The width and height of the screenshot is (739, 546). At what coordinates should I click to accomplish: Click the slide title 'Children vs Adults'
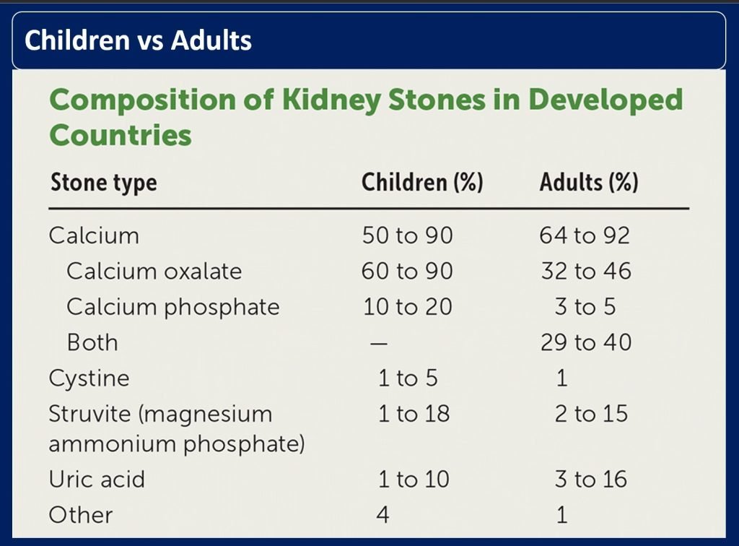click(139, 40)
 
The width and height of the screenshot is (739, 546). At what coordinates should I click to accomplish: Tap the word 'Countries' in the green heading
click(120, 134)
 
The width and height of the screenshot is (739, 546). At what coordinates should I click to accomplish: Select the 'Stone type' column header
click(103, 183)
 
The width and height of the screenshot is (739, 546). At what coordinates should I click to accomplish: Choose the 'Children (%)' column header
click(422, 183)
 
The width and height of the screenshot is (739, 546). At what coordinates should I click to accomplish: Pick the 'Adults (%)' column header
click(589, 183)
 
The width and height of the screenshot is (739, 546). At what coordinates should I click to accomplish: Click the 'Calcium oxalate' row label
click(154, 271)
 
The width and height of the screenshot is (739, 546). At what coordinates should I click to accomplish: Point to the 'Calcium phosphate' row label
click(172, 306)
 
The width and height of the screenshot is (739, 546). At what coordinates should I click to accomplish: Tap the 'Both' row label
click(92, 342)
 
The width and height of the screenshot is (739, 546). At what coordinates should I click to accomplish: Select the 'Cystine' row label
click(89, 378)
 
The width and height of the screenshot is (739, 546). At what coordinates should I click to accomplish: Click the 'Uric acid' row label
click(96, 479)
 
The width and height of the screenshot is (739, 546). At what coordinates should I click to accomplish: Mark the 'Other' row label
click(80, 515)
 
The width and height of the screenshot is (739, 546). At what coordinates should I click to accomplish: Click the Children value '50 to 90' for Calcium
click(407, 235)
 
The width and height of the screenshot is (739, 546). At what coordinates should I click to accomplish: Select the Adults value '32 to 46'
click(585, 271)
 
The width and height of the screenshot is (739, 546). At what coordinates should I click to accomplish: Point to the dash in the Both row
click(379, 343)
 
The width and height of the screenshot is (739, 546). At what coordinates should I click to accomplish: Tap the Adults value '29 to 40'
click(585, 342)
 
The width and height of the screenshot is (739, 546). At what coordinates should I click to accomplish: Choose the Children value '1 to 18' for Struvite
click(414, 414)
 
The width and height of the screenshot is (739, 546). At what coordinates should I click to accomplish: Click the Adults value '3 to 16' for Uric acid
click(591, 479)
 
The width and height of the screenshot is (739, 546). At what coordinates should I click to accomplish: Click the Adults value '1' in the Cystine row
click(562, 378)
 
